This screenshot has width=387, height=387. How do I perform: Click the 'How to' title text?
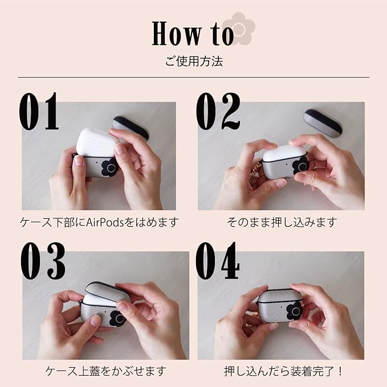click(193, 33)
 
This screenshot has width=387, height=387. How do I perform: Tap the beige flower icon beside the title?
click(239, 28)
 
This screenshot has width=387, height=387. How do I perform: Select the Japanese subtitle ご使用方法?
click(194, 61)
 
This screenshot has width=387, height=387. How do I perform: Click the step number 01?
click(39, 111)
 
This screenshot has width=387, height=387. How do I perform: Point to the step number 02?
click(218, 111)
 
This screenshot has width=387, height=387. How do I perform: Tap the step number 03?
click(43, 260)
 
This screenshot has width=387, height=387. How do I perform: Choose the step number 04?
click(218, 260)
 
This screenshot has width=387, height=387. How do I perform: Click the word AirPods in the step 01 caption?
click(105, 223)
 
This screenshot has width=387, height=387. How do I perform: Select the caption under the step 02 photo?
click(282, 222)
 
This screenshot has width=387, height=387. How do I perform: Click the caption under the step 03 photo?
click(105, 371)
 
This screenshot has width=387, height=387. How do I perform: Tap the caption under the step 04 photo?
click(283, 371)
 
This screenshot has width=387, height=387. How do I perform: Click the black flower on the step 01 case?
click(109, 168)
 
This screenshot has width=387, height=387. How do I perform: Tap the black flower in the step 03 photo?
click(117, 318)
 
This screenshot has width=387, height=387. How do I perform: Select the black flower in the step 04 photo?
click(295, 311)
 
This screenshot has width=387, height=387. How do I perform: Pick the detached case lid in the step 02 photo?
click(323, 123)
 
